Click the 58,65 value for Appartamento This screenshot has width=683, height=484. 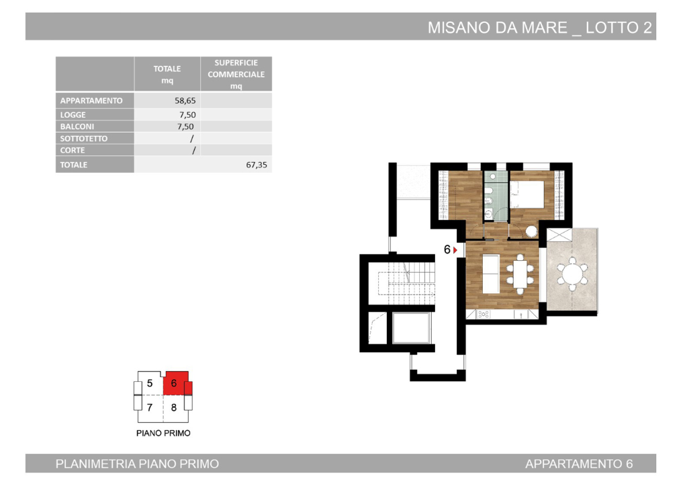(x=185, y=101)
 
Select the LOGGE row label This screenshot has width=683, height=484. (x=73, y=115)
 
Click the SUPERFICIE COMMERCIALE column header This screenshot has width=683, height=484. (x=236, y=74)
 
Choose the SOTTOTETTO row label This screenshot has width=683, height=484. (x=84, y=138)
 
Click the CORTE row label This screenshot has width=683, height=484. (x=73, y=151)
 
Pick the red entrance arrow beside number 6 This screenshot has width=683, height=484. (x=456, y=250)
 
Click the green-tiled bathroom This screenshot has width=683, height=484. (x=496, y=195)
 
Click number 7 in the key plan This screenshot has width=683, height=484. (x=150, y=407)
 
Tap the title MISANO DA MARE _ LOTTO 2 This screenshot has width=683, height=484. (x=540, y=28)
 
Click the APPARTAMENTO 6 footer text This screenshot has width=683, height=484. (x=579, y=464)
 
